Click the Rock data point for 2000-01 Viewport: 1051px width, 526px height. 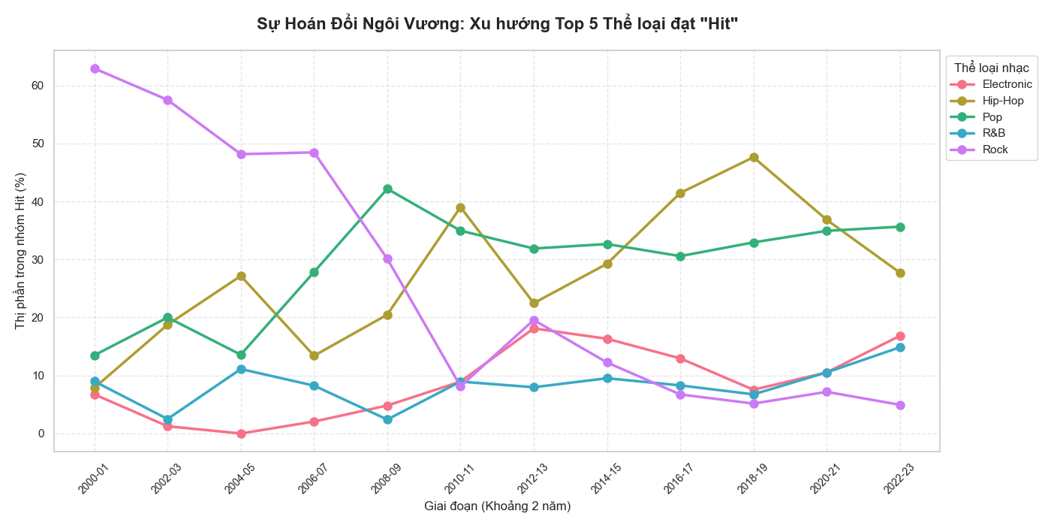[95, 68]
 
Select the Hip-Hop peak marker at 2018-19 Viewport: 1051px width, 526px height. [754, 157]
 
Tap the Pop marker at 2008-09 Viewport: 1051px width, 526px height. [387, 189]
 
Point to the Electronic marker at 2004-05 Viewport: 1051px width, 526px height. [241, 434]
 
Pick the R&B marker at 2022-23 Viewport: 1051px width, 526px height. [900, 347]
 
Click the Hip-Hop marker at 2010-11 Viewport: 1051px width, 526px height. [460, 207]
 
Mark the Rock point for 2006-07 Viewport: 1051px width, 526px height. [315, 153]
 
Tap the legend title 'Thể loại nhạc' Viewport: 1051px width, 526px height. [991, 68]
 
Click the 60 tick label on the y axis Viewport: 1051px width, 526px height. [38, 86]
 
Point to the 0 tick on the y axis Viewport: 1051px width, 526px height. [42, 434]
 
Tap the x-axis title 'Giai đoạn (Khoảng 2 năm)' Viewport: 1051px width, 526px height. [497, 506]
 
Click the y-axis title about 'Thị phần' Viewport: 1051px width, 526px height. [20, 251]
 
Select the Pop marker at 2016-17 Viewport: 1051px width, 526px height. [680, 256]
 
